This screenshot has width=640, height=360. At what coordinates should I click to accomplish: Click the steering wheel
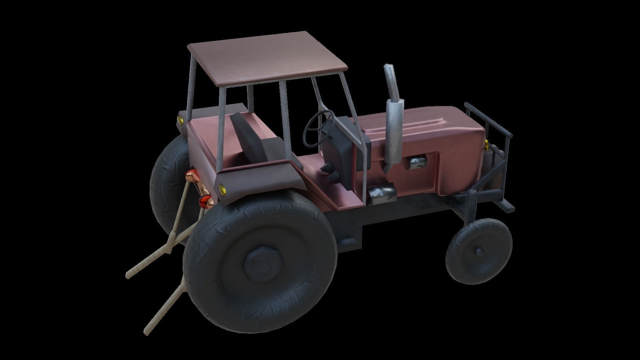click(318, 128)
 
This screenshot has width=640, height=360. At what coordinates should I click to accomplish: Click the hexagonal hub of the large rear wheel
click(262, 262)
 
